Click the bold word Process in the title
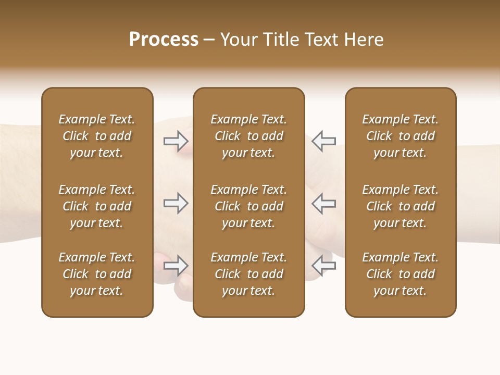tap(164, 40)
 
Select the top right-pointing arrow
tap(176, 141)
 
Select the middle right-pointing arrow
tap(176, 203)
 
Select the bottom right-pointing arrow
tap(176, 266)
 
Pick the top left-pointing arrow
tap(323, 141)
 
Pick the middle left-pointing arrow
tap(323, 203)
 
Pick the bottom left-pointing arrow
tap(323, 266)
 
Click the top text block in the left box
tap(97, 136)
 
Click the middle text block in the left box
tap(97, 206)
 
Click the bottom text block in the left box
tap(97, 274)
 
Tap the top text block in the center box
tap(249, 136)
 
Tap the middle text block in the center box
tap(249, 206)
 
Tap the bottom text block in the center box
tap(249, 274)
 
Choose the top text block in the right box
tap(401, 136)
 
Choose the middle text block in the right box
tap(401, 206)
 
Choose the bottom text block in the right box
tap(401, 274)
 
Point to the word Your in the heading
tap(238, 40)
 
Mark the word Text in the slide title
tap(320, 40)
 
